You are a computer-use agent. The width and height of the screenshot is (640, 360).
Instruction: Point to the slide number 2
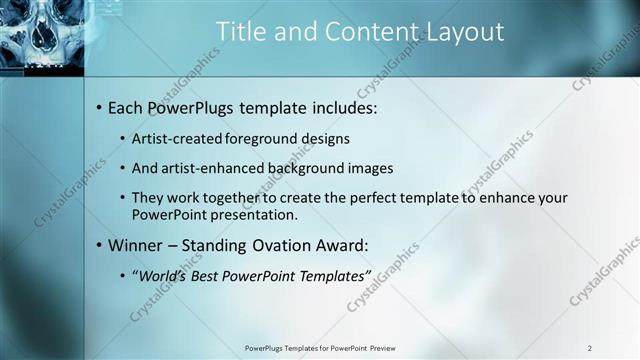point(589,348)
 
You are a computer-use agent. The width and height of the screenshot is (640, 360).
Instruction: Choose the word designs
point(326,138)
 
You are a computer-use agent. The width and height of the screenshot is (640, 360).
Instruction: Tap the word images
point(369,168)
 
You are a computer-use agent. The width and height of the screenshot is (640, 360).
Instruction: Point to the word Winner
point(135,244)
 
